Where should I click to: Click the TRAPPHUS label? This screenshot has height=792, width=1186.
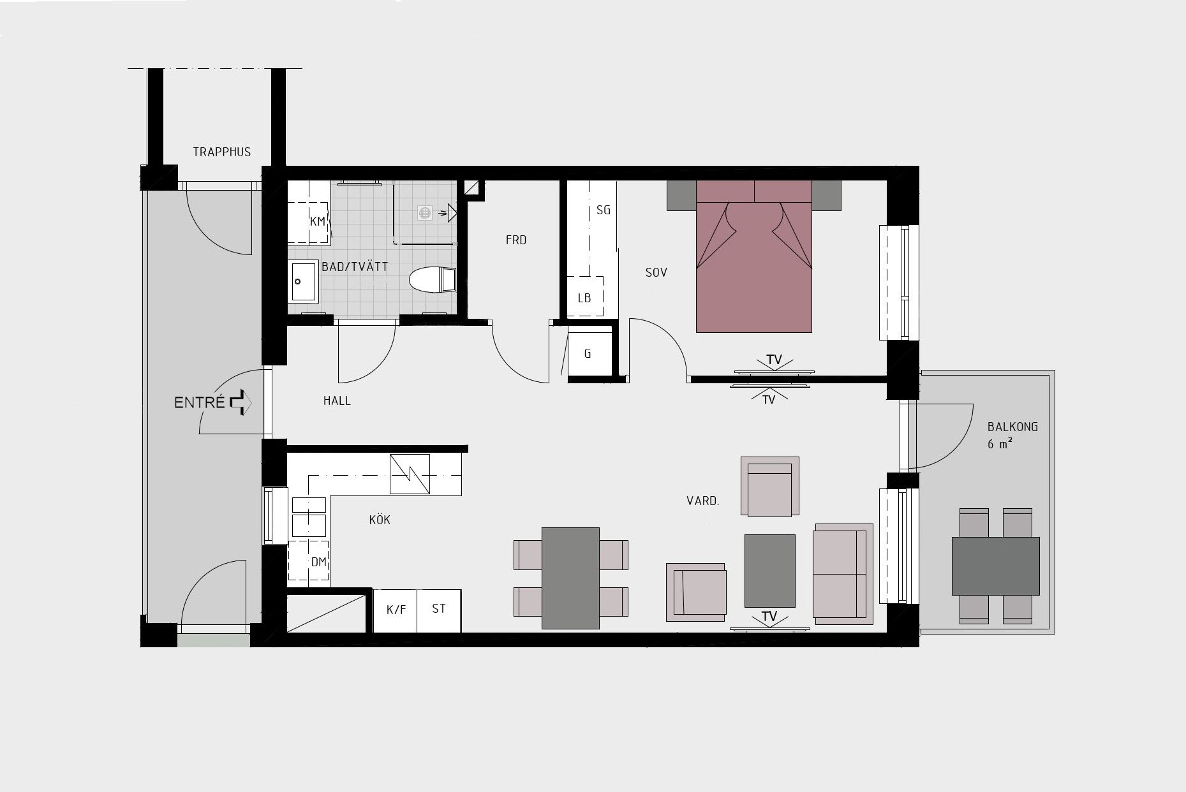pyautogui.click(x=222, y=152)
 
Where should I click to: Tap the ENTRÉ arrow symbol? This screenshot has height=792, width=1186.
pyautogui.click(x=241, y=402)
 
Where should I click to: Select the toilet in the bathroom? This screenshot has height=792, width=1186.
pyautogui.click(x=433, y=279)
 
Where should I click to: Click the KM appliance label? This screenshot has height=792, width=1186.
pyautogui.click(x=318, y=222)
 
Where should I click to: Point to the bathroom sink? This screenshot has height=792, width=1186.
pyautogui.click(x=304, y=281)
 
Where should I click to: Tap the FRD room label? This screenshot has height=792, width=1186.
pyautogui.click(x=516, y=240)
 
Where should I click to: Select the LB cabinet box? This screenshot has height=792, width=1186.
pyautogui.click(x=585, y=297)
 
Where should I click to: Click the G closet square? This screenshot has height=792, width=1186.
pyautogui.click(x=588, y=353)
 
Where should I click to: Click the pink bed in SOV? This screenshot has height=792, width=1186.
pyautogui.click(x=753, y=256)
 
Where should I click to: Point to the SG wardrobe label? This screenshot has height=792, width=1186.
pyautogui.click(x=603, y=210)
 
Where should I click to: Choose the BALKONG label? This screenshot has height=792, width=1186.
pyautogui.click(x=1012, y=427)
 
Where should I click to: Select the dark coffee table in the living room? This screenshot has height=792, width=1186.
pyautogui.click(x=770, y=571)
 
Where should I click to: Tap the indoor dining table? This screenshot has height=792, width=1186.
pyautogui.click(x=570, y=578)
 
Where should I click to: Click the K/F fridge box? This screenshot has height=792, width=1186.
pyautogui.click(x=395, y=610)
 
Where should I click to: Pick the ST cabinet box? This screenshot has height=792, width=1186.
pyautogui.click(x=439, y=610)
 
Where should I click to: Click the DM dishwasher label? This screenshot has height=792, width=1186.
pyautogui.click(x=318, y=562)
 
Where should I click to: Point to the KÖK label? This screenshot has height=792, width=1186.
pyautogui.click(x=380, y=520)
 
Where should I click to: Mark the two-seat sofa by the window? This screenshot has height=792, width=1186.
pyautogui.click(x=843, y=574)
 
